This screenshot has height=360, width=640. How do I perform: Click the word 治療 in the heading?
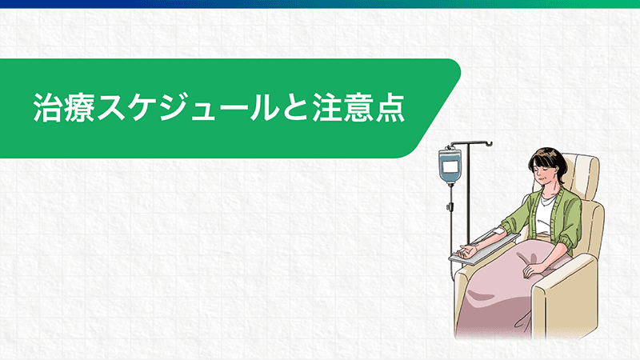pos(64,108)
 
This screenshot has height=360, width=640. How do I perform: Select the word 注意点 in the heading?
pos(358,108)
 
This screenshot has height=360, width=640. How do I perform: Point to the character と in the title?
pos(295,108)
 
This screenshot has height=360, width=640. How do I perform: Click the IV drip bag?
pos(450,165)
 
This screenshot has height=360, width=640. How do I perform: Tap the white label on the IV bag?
pos(450,166)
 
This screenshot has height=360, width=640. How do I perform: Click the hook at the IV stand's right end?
pos(489,143)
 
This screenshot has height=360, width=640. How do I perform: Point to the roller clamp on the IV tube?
pos(450,206)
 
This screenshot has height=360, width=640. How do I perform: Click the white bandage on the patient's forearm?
pos(498,231)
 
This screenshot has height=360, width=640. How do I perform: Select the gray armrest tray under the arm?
pos(484,248)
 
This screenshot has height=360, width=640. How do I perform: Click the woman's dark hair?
pos(549,162)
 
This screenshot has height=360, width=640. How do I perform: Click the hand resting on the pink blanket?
pos(534,270)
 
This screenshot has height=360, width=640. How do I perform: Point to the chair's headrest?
pos(584,175)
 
